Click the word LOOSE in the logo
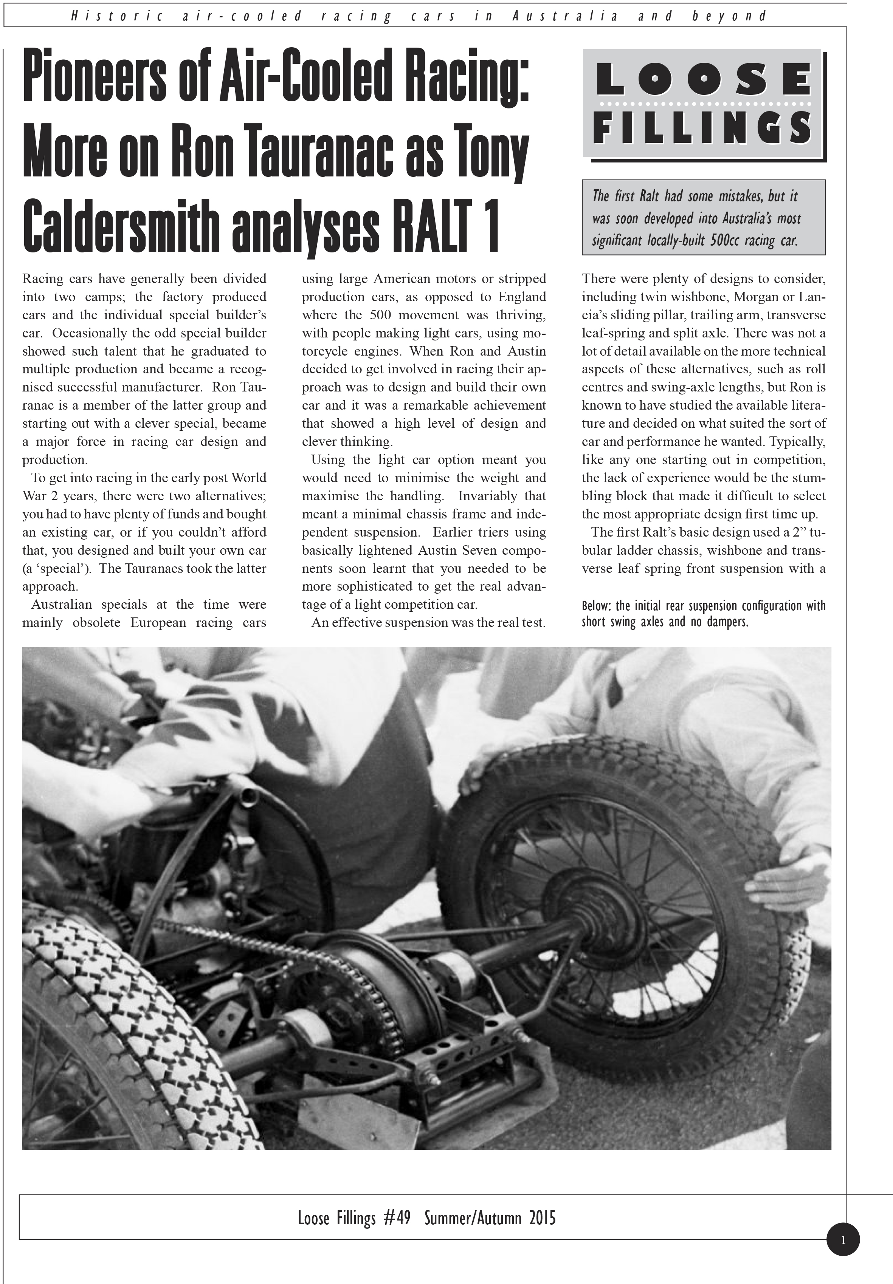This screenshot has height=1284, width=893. (703, 80)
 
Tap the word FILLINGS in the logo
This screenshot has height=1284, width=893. (703, 127)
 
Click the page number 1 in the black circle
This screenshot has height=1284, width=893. (843, 1239)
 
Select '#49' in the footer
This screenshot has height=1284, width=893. (397, 1217)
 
